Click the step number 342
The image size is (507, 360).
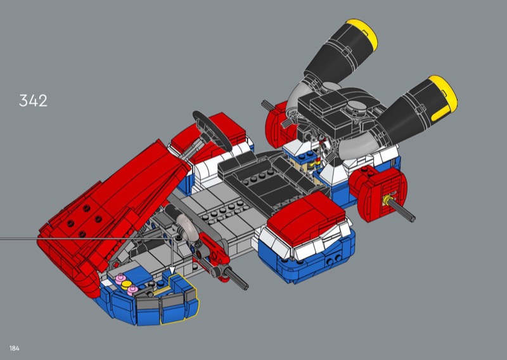coord(34,101)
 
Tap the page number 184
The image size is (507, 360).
coord(14,349)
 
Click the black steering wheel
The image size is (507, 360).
coord(212,129)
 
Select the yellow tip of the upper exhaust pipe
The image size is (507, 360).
coord(364,34)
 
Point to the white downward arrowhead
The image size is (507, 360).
coord(172,271)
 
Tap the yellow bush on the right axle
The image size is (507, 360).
coord(386,200)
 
